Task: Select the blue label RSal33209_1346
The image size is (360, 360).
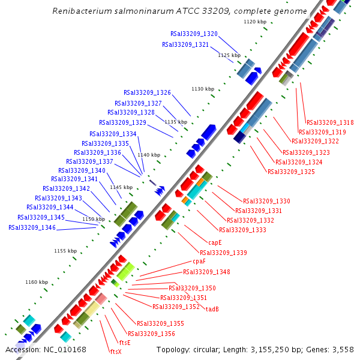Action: tap(32, 228)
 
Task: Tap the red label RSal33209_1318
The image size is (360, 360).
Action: tap(330, 122)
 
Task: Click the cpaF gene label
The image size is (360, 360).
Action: tap(199, 262)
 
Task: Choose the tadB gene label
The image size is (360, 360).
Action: tap(212, 310)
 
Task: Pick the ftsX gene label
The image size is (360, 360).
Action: tap(115, 352)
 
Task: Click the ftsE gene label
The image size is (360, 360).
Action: tap(124, 343)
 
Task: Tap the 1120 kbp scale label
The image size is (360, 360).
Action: tap(254, 22)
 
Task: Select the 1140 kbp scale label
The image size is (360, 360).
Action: tap(149, 155)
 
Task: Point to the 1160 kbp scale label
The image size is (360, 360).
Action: tap(37, 282)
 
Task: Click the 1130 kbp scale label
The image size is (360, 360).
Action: tap(202, 89)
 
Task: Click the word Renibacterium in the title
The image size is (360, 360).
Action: tap(80, 11)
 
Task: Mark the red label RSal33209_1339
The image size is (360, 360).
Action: tap(223, 253)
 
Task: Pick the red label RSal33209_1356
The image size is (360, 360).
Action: tap(151, 334)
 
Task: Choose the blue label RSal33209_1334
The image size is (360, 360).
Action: tap(113, 134)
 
